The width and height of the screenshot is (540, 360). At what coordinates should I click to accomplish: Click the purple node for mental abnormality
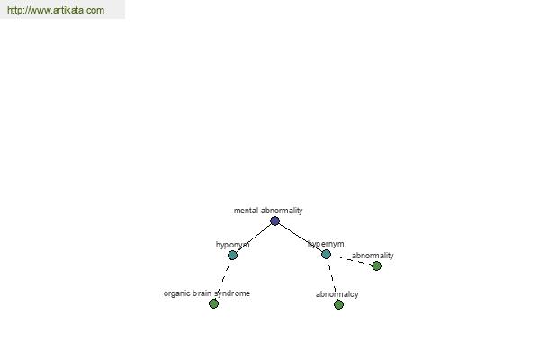274,220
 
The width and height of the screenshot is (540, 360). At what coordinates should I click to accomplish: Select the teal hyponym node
232,256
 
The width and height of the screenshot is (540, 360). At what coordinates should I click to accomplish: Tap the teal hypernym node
326,254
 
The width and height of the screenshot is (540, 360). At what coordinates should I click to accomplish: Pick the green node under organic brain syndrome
213,303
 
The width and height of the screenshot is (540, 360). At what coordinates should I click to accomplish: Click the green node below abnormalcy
338,304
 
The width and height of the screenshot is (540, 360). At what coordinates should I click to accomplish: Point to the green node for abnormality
376,266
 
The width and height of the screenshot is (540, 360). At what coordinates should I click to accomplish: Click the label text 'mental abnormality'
268,211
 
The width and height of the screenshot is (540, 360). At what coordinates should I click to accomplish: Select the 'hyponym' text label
232,245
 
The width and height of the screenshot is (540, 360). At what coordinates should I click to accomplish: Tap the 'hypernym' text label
326,244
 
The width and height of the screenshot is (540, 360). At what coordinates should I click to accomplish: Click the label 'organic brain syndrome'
207,293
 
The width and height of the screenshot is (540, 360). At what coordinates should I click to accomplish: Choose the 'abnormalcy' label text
337,294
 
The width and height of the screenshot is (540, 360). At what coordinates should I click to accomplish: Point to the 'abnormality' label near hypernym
373,256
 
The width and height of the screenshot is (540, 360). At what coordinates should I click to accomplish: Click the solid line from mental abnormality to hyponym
254,238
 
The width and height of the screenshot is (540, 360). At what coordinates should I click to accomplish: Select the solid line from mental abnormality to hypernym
301,238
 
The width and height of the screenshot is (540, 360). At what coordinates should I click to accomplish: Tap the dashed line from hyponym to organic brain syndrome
223,278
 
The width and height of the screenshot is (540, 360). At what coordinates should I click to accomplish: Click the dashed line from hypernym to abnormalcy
333,278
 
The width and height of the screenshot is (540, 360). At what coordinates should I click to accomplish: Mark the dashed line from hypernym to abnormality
354,260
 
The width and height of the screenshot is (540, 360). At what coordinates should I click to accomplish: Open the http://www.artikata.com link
56,10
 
